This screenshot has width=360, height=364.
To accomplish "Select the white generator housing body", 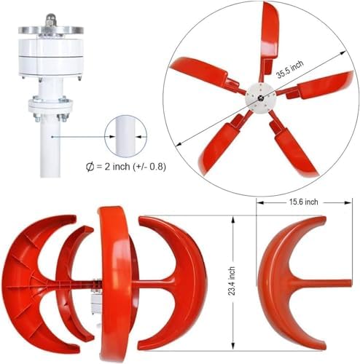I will pos(52,58).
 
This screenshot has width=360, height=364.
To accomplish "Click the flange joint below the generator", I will pos(52,108).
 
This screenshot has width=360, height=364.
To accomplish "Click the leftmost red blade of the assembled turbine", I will pos(29,277).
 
